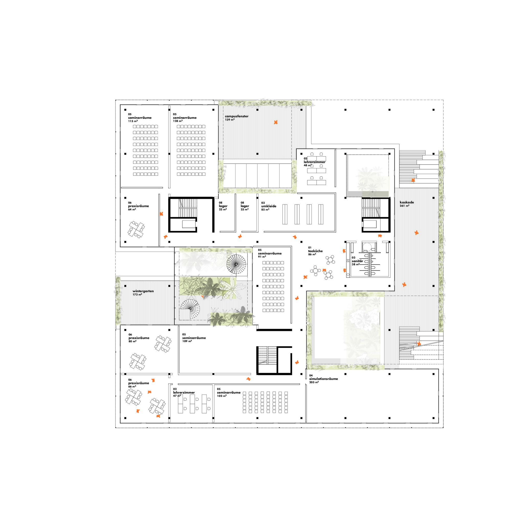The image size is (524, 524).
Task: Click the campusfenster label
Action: click(236, 116)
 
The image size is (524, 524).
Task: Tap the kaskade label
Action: click(407, 202)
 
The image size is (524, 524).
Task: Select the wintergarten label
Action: click(143, 291)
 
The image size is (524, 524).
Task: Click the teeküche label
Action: click(315, 251)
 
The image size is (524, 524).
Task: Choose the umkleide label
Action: click(269, 206)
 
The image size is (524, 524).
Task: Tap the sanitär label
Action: click(357, 261)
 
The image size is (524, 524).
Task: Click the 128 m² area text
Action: click(177, 121)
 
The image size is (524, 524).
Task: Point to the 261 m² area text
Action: click(405, 206)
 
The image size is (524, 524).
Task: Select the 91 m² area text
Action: click(261, 256)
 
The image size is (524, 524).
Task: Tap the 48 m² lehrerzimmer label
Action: click(315, 162)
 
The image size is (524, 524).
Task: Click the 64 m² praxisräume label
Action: click(139, 206)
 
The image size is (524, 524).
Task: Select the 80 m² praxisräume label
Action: click(139, 338)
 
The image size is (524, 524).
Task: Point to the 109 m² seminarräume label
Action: click(194, 338)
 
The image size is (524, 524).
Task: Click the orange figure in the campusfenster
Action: click(276, 122)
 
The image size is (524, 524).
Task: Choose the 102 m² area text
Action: click(222, 396)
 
